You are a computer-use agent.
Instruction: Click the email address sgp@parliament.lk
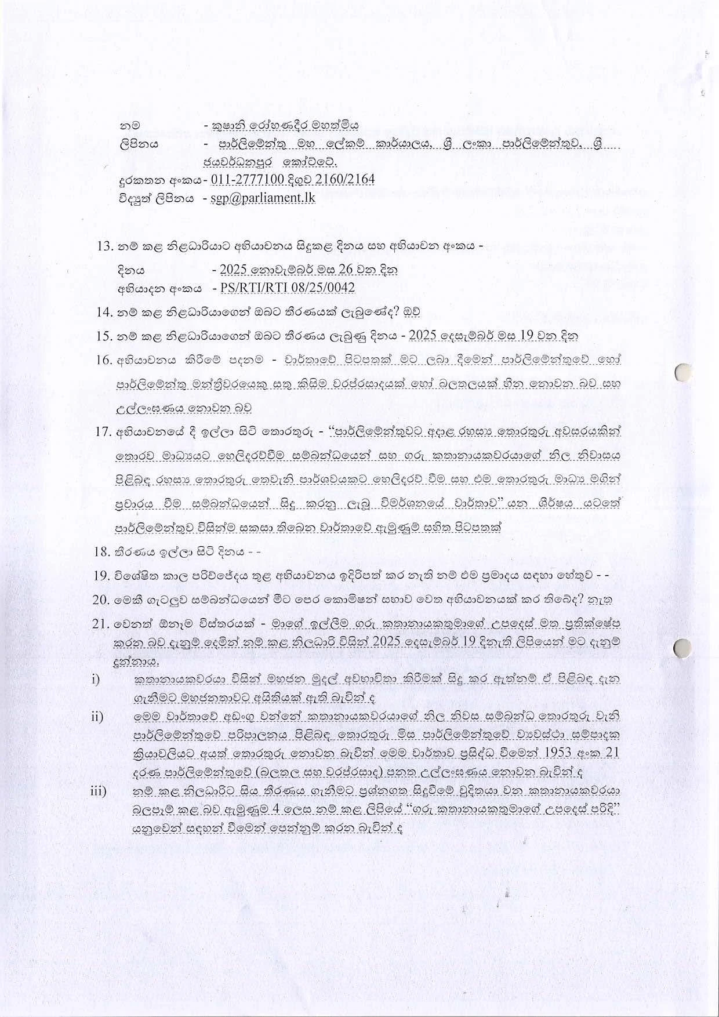pyautogui.click(x=264, y=197)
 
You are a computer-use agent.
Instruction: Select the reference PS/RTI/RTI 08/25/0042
pyautogui.click(x=284, y=288)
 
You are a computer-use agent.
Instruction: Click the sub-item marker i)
pyautogui.click(x=96, y=678)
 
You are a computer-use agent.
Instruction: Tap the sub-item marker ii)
pyautogui.click(x=97, y=717)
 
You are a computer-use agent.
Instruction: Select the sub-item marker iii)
pyautogui.click(x=99, y=791)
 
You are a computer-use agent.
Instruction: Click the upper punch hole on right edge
pyautogui.click(x=685, y=372)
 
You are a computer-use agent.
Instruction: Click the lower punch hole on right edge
pyautogui.click(x=685, y=647)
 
